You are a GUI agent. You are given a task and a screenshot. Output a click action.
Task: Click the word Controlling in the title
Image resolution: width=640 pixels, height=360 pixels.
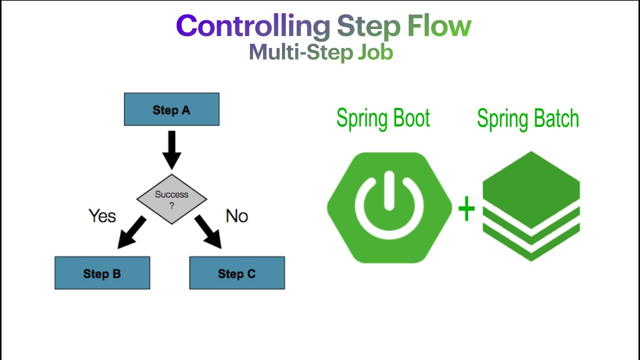tap(253, 26)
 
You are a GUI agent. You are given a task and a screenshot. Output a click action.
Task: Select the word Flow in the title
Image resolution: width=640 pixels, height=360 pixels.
tap(439, 26)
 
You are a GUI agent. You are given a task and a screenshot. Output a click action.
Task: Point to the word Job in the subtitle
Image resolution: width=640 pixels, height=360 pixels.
tap(375, 52)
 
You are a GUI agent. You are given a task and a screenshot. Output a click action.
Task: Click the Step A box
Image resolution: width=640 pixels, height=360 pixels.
tap(171, 109)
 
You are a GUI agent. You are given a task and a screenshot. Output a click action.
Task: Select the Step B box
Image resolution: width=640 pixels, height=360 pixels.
tap(102, 273)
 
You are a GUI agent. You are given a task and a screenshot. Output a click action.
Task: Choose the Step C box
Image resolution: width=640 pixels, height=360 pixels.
tap(236, 273)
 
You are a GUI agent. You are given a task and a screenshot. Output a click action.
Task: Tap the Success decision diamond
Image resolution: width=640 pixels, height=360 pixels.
tap(171, 199)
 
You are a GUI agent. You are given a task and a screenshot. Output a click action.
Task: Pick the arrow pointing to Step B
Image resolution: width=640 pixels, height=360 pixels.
tap(131, 233)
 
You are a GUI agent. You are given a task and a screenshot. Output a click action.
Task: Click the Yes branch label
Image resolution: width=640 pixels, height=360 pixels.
tap(102, 216)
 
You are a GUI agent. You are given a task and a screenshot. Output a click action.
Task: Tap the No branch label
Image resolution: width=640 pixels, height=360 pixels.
tap(236, 216)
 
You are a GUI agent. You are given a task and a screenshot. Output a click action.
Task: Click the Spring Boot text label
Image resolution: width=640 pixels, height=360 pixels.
tap(383, 119)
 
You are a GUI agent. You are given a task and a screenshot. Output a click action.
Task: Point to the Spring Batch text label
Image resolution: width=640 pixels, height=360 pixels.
tap(527, 119)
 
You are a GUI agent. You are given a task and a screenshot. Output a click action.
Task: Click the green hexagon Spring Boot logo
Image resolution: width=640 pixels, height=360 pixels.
tap(389, 207)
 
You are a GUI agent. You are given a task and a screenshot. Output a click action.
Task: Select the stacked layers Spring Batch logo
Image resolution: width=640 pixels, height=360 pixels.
tap(531, 206)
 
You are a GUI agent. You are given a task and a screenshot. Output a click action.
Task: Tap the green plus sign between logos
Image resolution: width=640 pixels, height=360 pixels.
tap(466, 209)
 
